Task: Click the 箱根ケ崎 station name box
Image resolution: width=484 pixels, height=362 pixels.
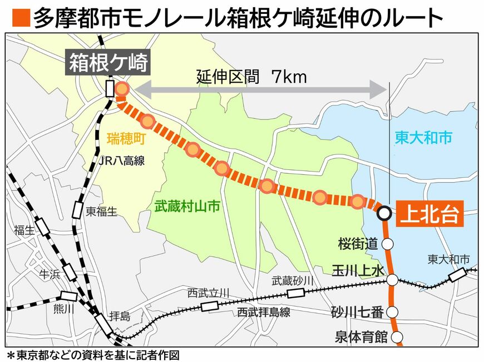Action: click(x=109, y=63)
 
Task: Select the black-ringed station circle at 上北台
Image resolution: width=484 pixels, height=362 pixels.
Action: click(x=383, y=213)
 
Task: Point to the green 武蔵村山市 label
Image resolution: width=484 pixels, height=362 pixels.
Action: click(x=187, y=208)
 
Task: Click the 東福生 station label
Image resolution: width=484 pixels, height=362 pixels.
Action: click(x=103, y=212)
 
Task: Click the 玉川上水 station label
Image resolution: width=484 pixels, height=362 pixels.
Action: click(x=358, y=271)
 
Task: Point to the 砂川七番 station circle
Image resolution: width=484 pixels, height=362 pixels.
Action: click(x=393, y=312)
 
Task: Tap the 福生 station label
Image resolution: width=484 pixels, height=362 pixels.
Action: click(x=25, y=230)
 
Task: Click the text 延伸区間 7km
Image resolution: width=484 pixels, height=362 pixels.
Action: click(x=251, y=77)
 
